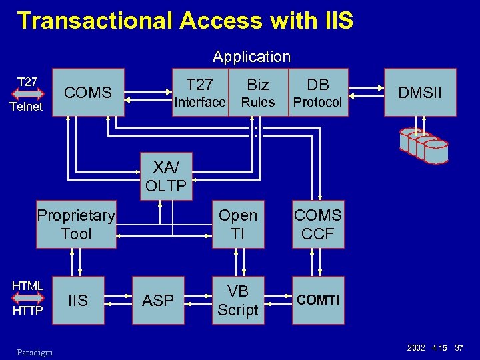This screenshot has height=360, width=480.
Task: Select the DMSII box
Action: point(421,93)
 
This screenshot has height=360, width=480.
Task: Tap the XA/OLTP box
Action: point(165,177)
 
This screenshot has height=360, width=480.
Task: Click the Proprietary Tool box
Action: point(77,225)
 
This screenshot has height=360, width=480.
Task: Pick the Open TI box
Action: point(238,225)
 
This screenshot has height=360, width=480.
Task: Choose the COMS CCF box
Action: point(318,225)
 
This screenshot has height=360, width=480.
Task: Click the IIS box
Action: point(78,301)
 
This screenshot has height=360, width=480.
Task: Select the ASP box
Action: point(158,301)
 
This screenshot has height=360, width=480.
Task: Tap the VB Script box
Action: point(238,301)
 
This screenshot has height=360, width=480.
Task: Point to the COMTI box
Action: point(318,301)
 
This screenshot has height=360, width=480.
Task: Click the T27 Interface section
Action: point(200,93)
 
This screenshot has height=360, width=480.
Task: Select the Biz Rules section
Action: point(258,93)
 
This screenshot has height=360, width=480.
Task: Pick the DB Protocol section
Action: point(318,93)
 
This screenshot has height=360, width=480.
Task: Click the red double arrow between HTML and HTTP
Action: point(27,299)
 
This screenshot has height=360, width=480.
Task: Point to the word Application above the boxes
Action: point(251,57)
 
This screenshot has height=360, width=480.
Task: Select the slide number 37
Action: point(459,349)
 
